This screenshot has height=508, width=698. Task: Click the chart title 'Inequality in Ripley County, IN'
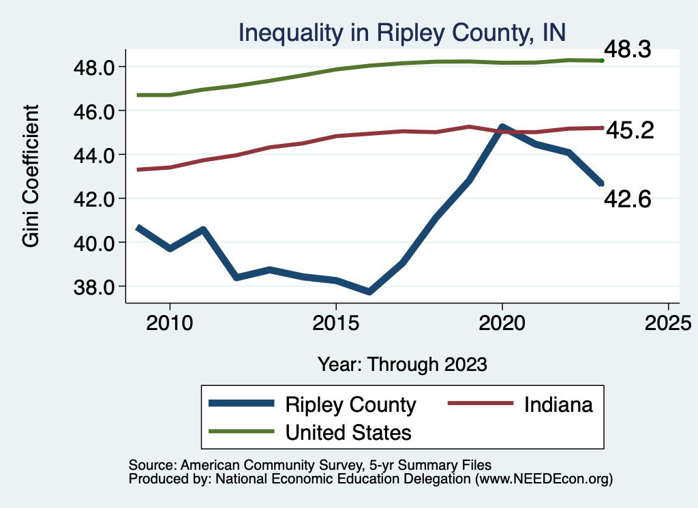(x=401, y=32)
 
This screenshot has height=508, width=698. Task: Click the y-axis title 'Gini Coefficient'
(x=31, y=176)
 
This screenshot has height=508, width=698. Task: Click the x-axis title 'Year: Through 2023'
(x=402, y=364)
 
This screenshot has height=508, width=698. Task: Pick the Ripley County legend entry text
(x=350, y=404)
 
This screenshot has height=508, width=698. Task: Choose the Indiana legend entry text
(x=558, y=404)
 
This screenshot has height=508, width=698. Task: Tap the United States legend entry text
(x=348, y=432)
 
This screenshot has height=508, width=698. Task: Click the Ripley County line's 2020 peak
(x=502, y=128)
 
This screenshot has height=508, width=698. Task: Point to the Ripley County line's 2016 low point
(x=369, y=292)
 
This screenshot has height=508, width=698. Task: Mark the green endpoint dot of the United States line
(x=602, y=61)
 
